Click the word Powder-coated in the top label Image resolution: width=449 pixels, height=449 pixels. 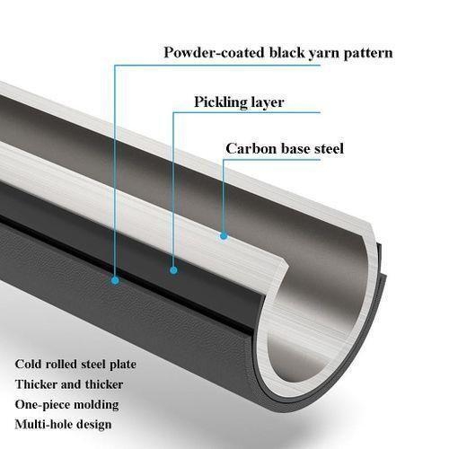coord(214,53)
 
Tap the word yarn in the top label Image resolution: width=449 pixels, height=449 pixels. coord(324,54)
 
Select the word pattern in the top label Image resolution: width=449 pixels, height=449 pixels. coord(368,54)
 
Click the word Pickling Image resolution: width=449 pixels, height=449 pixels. coord(221,102)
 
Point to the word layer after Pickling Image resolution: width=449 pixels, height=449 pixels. coord(268,103)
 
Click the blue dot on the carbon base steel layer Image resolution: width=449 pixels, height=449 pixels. coord(224,236)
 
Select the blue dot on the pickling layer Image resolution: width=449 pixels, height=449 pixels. coord(173,270)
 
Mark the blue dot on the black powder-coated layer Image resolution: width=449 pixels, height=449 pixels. coord(115,280)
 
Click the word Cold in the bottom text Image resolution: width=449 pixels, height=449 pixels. coord(27,365)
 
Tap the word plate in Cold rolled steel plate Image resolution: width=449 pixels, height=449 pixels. coord(123,365)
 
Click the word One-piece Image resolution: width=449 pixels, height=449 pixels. coord(42,405)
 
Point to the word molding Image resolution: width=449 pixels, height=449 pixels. coord(96,405)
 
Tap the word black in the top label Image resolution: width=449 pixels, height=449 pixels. coord(286,53)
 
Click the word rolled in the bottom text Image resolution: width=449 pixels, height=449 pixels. coord(60,365)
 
